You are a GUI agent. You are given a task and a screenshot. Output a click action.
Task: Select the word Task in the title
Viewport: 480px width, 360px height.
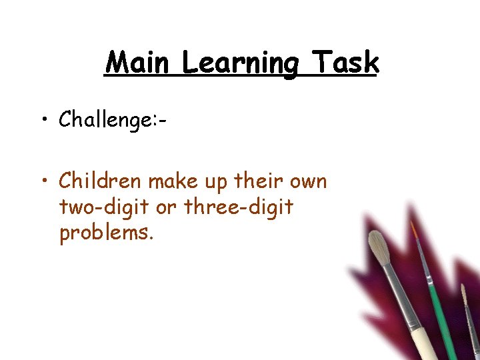tap(347, 63)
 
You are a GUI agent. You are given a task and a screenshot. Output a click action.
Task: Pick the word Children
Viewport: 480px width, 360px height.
tap(101, 181)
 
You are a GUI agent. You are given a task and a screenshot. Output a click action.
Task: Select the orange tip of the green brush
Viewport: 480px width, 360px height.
tap(414, 231)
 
